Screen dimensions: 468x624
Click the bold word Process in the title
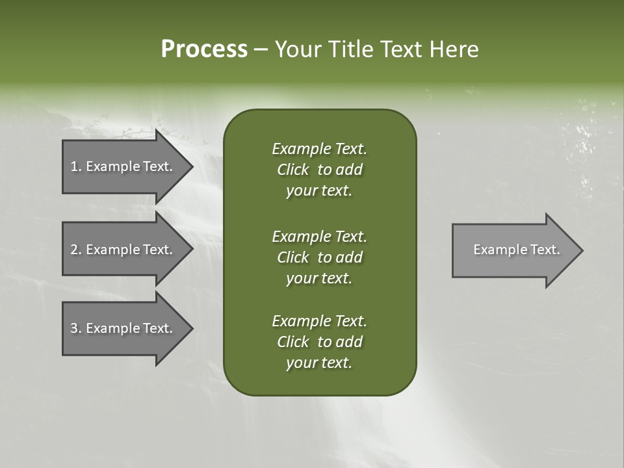pos(204,49)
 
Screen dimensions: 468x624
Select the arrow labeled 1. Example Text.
pos(123,166)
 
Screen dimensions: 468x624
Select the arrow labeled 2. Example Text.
pos(123,250)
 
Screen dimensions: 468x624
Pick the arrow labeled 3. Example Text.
pos(123,328)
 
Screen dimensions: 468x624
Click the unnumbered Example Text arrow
pos(513,250)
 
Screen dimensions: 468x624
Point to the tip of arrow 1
pos(191,166)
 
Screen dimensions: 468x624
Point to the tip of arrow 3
pos(191,328)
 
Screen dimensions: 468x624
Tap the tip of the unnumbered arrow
pos(581,250)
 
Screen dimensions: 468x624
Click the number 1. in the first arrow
pos(75,166)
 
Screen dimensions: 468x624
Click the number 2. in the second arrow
pos(75,250)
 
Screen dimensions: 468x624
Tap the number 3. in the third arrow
pos(75,328)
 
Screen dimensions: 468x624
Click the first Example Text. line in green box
pos(319,149)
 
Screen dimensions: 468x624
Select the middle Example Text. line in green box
pos(319,236)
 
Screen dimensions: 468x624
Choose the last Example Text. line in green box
pos(319,321)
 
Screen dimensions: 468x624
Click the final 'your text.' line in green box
pos(319,363)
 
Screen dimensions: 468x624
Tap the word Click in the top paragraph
pos(292,170)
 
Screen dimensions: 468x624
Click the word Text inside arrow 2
pos(157,250)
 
